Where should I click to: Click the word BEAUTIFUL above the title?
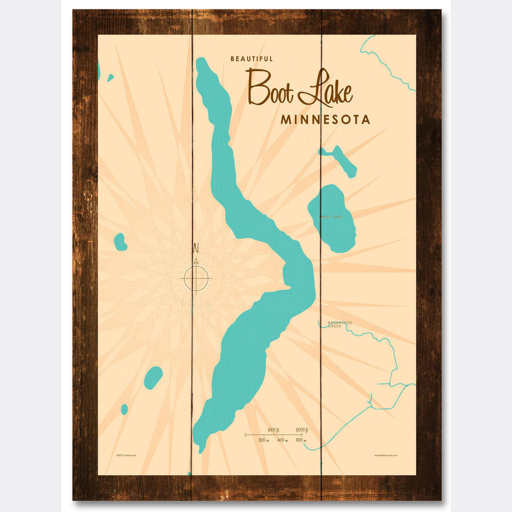pyautogui.click(x=251, y=59)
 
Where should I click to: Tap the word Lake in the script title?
pyautogui.click(x=326, y=90)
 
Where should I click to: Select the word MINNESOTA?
pyautogui.click(x=325, y=119)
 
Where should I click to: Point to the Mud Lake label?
pyautogui.click(x=332, y=217)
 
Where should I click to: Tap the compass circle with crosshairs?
pyautogui.click(x=196, y=278)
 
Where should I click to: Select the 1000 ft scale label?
pyautogui.click(x=273, y=430)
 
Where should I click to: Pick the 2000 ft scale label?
pyautogui.click(x=302, y=430)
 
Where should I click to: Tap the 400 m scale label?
pyautogui.click(x=282, y=440)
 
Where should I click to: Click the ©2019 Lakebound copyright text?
pyautogui.click(x=126, y=455)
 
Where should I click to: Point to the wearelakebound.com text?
pyautogui.click(x=386, y=455)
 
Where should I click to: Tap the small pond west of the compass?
pyautogui.click(x=120, y=242)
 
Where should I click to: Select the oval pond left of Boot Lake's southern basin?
pyautogui.click(x=153, y=378)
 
